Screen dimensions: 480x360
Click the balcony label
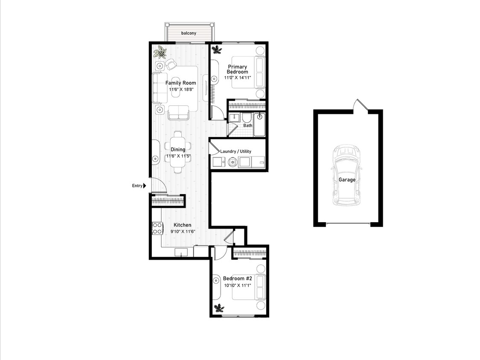pyautogui.click(x=189, y=33)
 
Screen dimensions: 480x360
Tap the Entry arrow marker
pyautogui.click(x=145, y=186)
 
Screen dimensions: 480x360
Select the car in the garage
pyautogui.click(x=347, y=175)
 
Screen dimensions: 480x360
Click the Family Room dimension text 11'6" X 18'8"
pyautogui.click(x=181, y=90)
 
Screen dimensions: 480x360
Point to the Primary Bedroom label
pyautogui.click(x=238, y=69)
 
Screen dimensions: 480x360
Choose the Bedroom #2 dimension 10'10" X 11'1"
pyautogui.click(x=238, y=285)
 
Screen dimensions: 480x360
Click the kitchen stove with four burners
pyautogui.click(x=157, y=228)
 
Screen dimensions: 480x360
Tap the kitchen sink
pyautogui.click(x=181, y=252)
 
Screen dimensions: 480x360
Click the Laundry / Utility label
pyautogui.click(x=236, y=151)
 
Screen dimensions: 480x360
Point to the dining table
pyautogui.click(x=178, y=152)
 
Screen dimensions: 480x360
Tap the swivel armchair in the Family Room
pyautogui.click(x=171, y=64)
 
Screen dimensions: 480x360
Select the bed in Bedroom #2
pyautogui.click(x=249, y=287)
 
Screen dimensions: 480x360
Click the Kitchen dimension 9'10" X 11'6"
pyautogui.click(x=183, y=232)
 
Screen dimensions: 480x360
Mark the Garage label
pyautogui.click(x=347, y=180)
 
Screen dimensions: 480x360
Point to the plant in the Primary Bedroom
pyautogui.click(x=217, y=49)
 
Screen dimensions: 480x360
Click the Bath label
pyautogui.click(x=247, y=125)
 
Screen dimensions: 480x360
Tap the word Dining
pyautogui.click(x=178, y=149)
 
